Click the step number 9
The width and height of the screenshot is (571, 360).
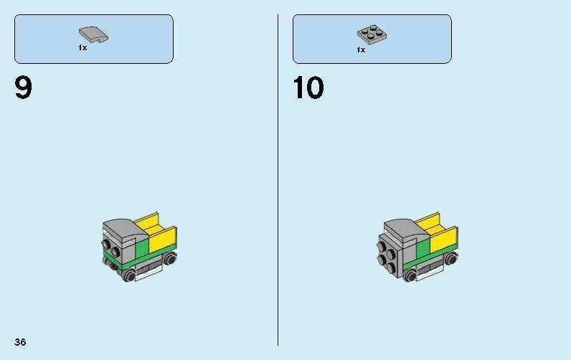pyautogui.click(x=23, y=88)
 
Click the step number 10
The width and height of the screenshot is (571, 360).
pyautogui.click(x=308, y=88)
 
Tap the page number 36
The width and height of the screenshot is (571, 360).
pyautogui.click(x=19, y=342)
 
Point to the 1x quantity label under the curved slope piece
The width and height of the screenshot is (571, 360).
pyautogui.click(x=82, y=48)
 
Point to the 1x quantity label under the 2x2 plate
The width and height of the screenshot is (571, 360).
pyautogui.click(x=361, y=49)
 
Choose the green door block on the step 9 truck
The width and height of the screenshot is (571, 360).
pyautogui.click(x=141, y=248)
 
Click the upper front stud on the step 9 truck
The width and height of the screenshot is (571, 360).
pyautogui.click(x=106, y=243)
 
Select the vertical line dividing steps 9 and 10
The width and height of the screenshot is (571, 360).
pyautogui.click(x=278, y=179)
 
